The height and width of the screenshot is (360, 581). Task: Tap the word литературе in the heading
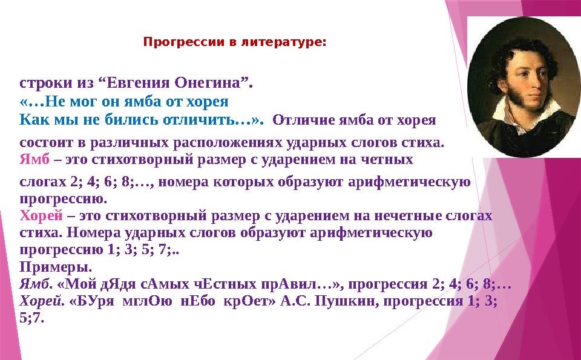coord(283,42)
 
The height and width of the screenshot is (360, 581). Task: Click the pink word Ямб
coord(34,159)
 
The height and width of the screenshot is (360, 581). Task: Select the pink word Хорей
coord(41,215)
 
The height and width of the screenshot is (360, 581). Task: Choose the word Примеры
coord(56,267)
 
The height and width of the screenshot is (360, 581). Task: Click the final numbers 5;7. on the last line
coord(32,318)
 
